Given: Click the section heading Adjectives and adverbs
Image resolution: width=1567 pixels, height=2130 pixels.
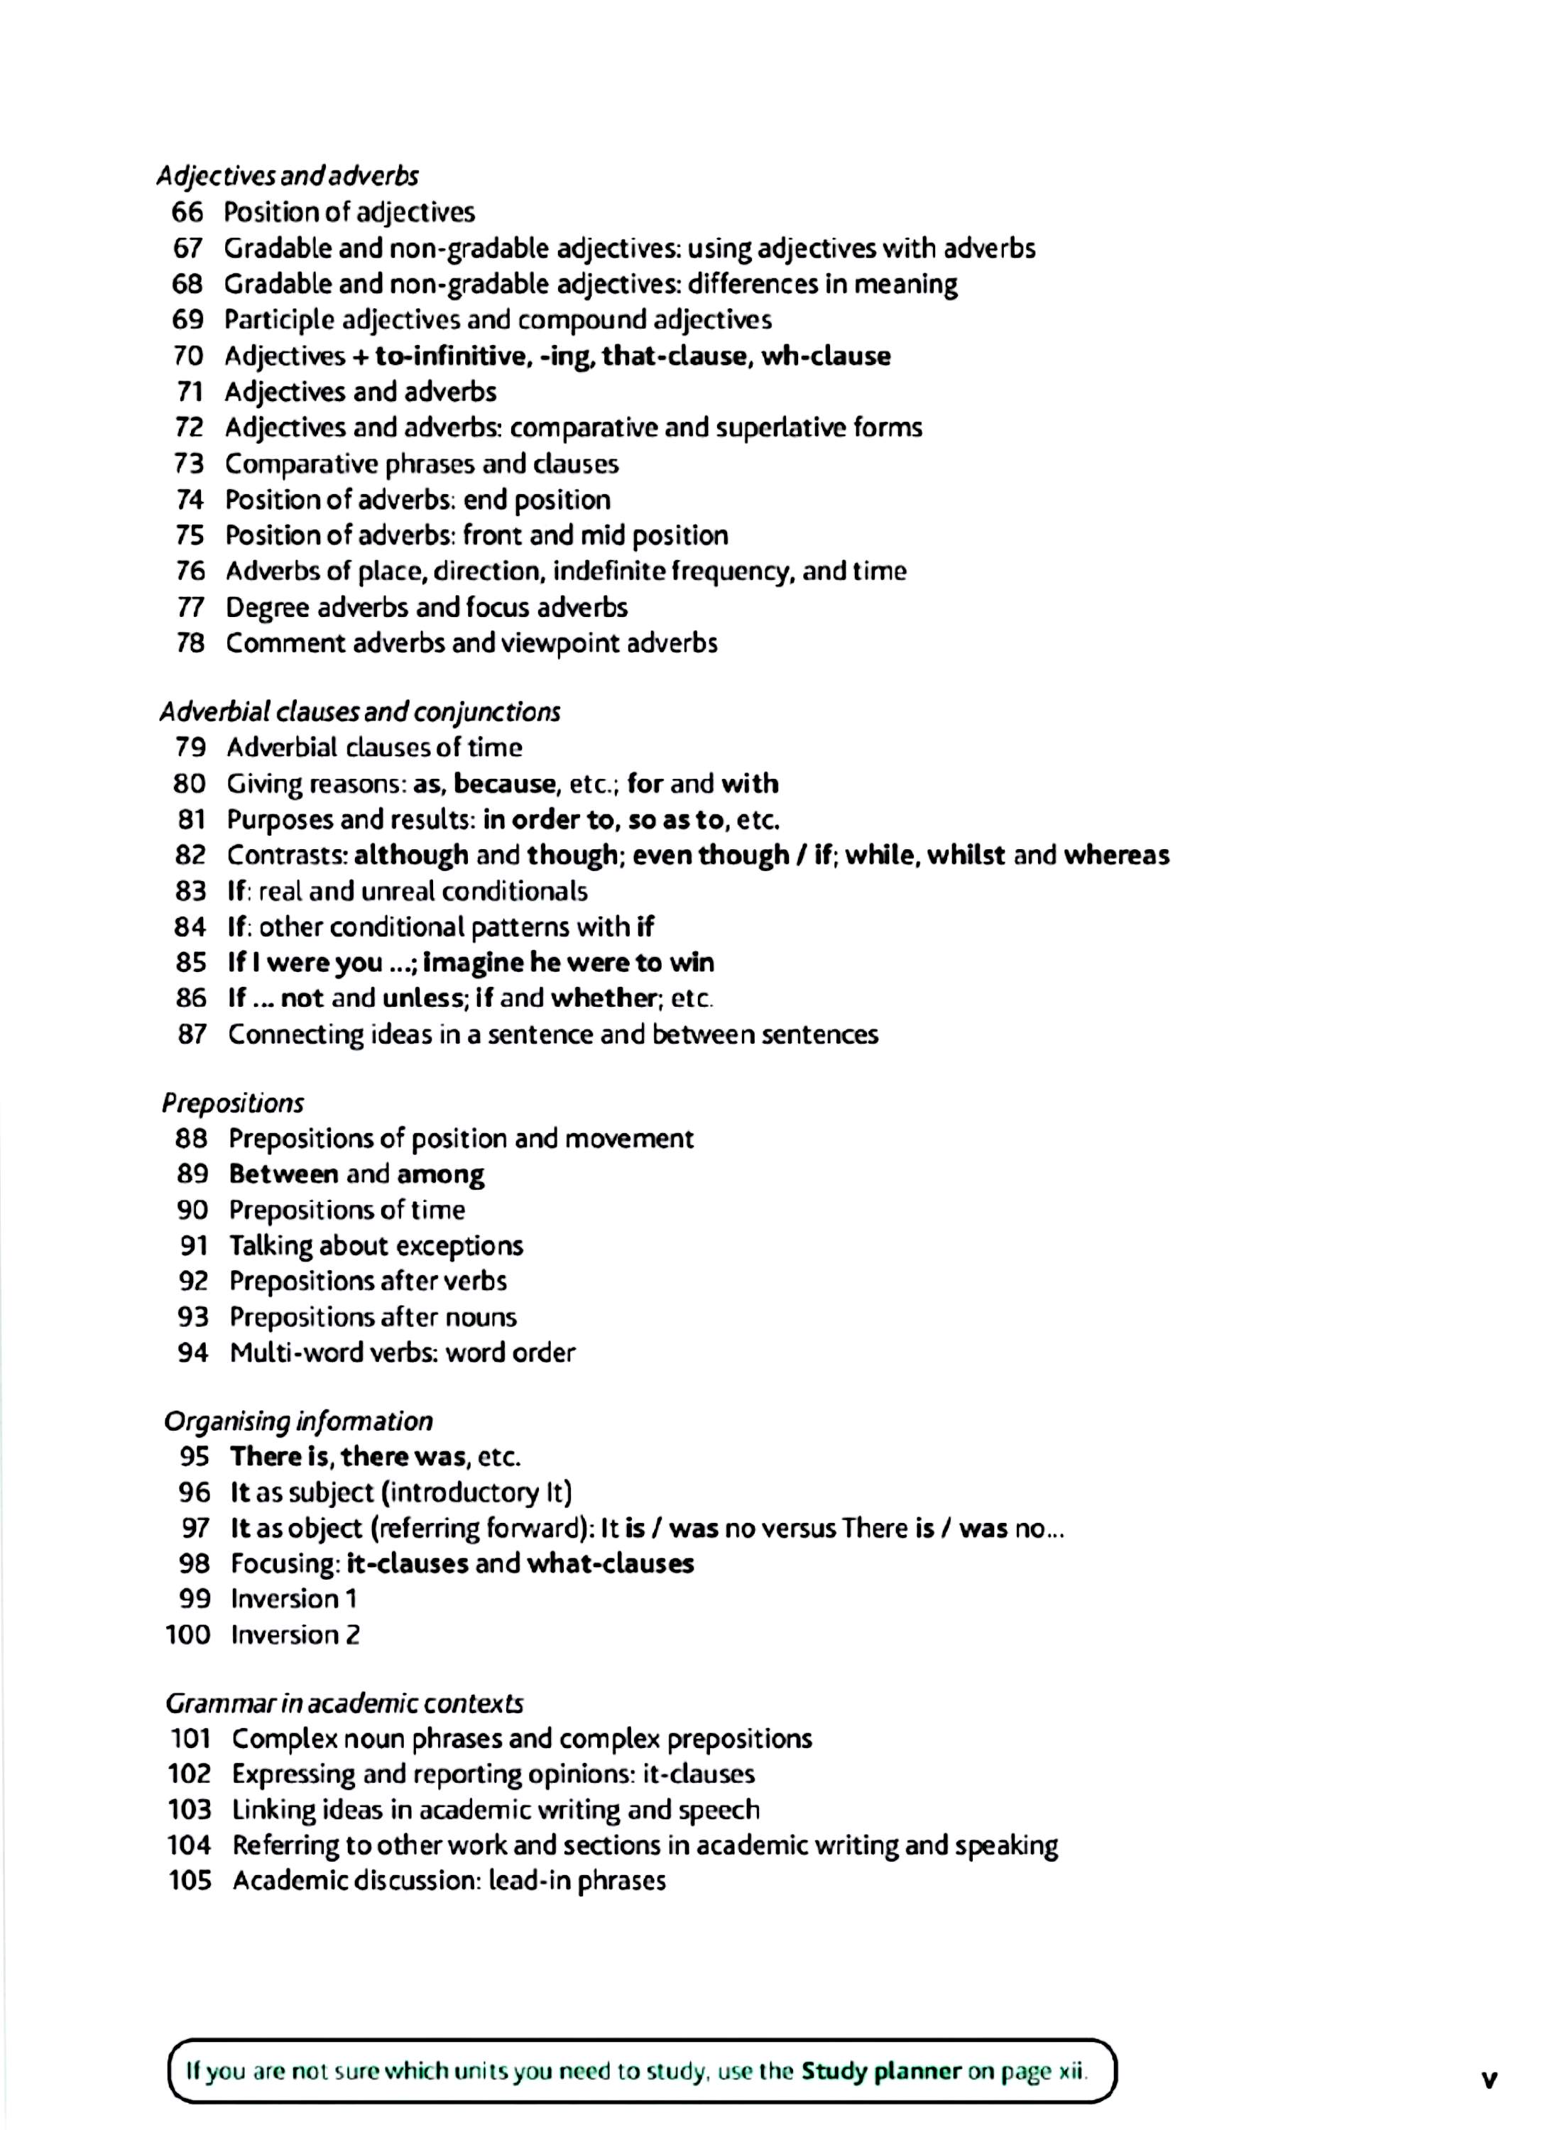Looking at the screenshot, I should [x=288, y=176].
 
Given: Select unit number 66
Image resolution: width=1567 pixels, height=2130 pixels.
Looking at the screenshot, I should [x=188, y=212].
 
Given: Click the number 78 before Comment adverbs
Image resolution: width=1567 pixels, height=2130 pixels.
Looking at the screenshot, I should [x=191, y=643].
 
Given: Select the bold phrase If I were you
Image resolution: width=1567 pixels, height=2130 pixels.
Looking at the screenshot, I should [x=305, y=963].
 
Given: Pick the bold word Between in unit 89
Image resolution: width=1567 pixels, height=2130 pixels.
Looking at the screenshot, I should [x=283, y=1174].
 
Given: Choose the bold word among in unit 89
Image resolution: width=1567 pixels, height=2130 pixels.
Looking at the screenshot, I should [x=440, y=1175].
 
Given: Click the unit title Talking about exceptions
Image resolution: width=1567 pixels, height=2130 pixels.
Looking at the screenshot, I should [x=376, y=1246].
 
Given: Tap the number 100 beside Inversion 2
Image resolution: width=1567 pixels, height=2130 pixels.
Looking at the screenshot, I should [x=188, y=1635].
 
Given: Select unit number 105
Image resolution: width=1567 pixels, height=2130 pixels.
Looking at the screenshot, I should [x=190, y=1881].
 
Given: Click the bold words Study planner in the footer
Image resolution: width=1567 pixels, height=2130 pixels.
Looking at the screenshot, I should [x=881, y=2072].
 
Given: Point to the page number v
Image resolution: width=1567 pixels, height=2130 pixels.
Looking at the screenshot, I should [x=1489, y=2079].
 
